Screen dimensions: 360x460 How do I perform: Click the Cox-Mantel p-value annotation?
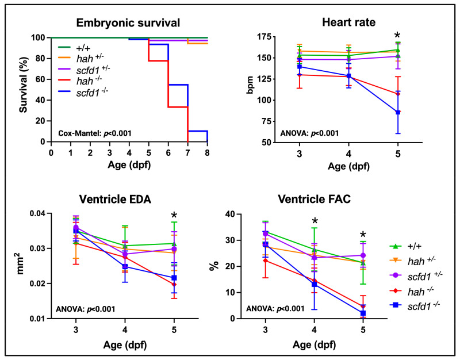point(95,133)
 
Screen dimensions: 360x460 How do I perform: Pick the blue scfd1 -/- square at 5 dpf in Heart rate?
point(397,112)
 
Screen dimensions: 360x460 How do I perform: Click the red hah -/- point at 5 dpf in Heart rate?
point(397,94)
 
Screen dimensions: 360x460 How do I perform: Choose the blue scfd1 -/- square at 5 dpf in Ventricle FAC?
point(362,313)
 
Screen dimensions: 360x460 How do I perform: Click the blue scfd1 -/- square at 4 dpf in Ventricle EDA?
point(125,267)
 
